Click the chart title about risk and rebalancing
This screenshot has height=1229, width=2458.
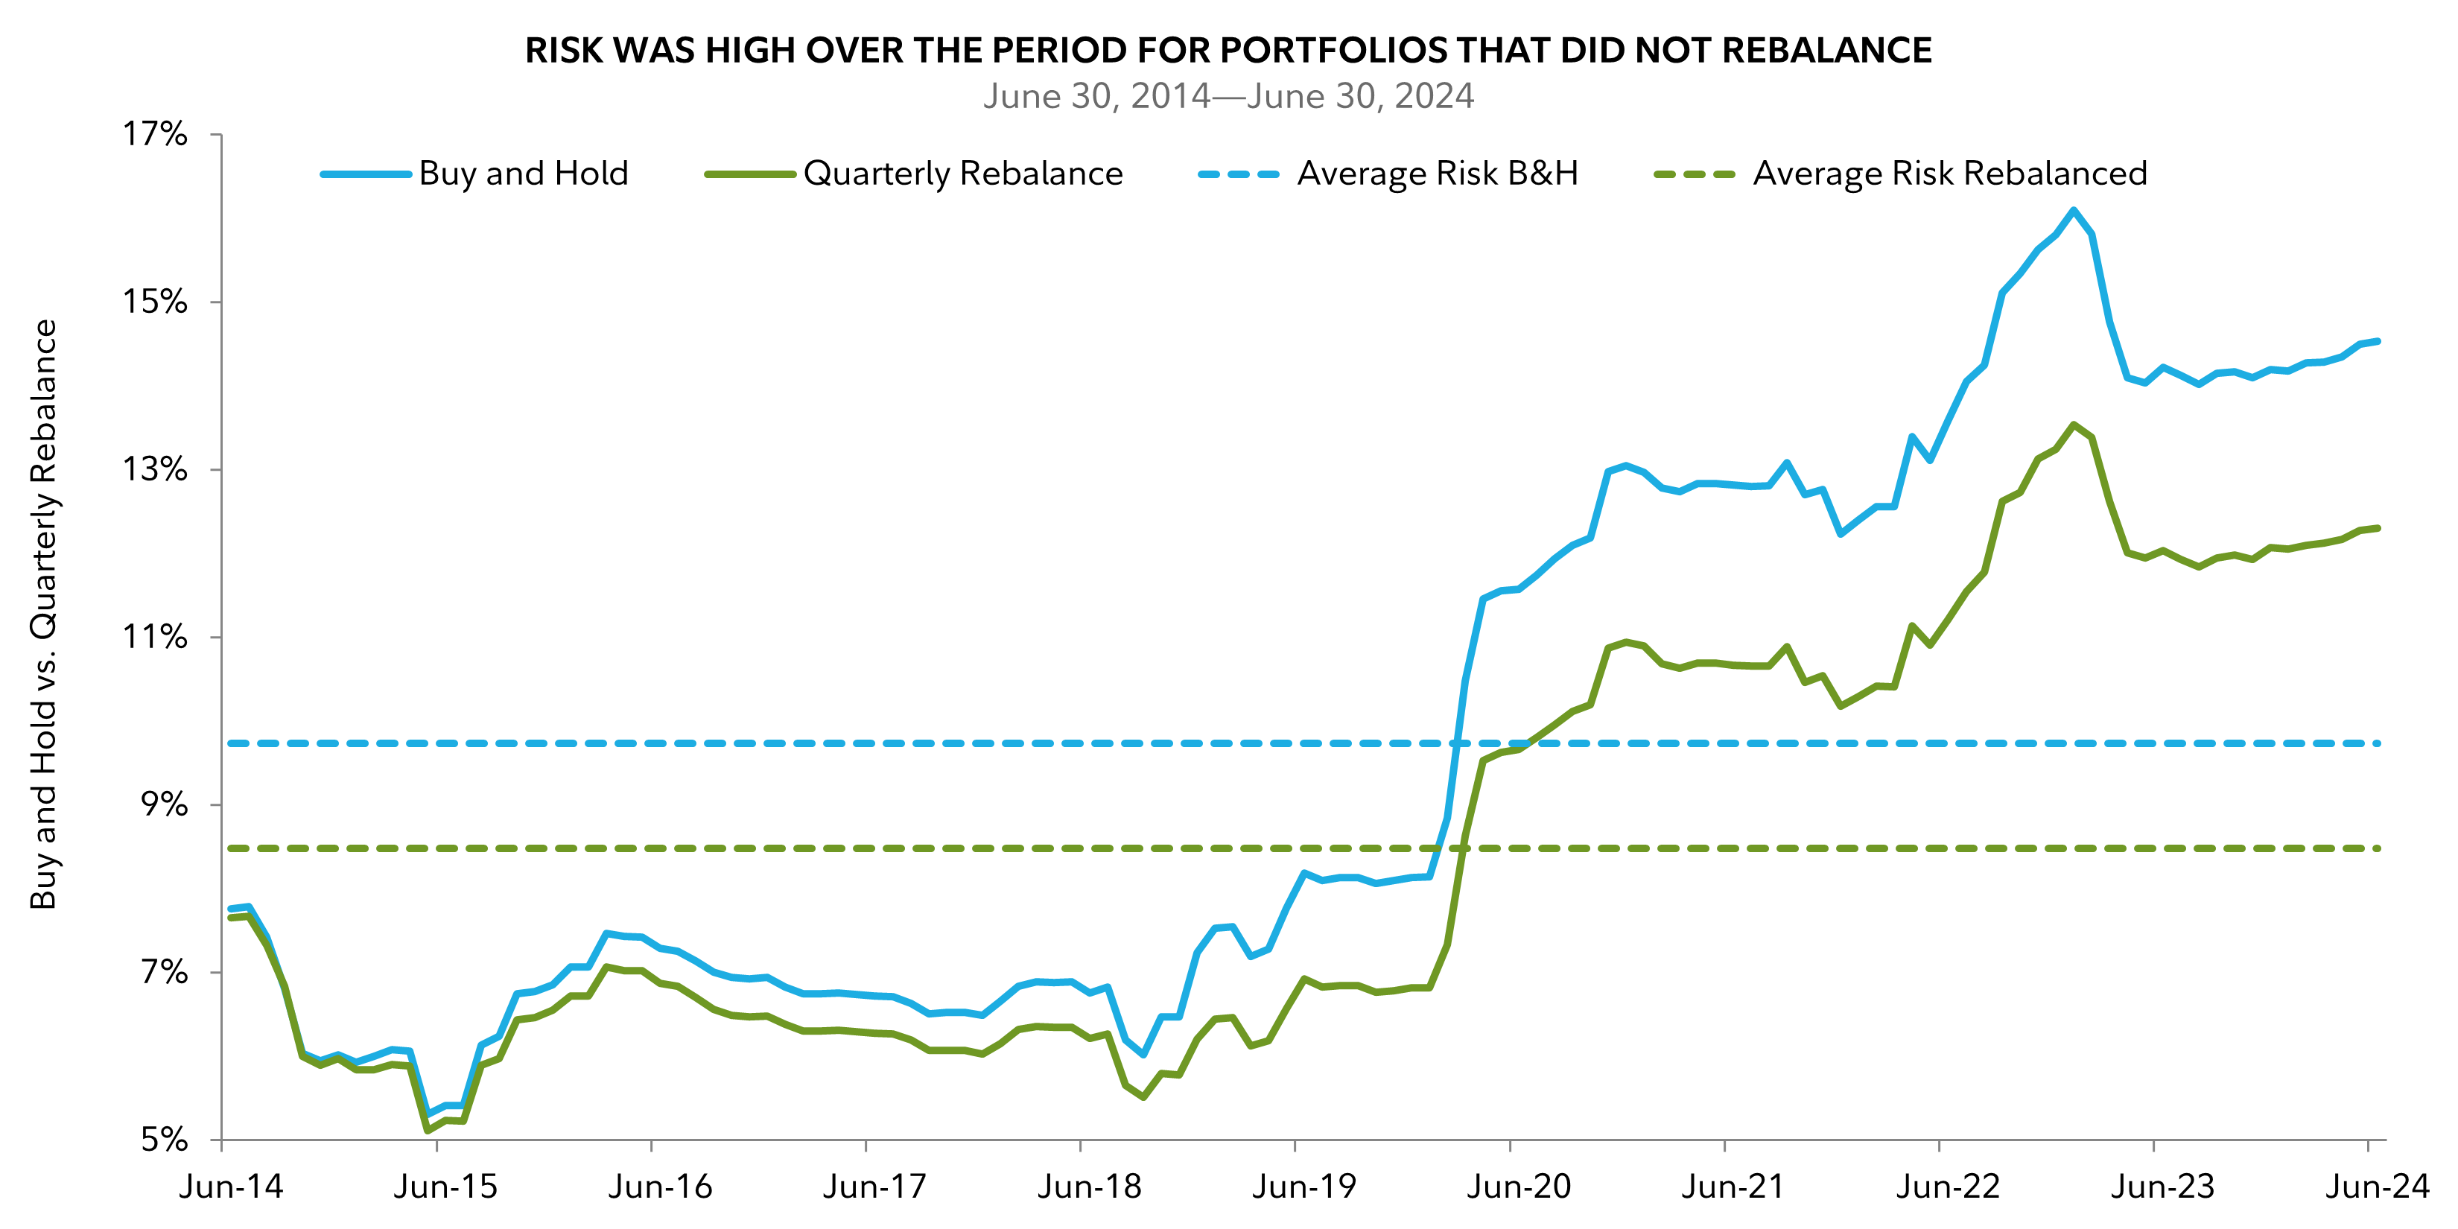[x=1228, y=50]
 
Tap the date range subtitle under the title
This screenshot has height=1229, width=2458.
[x=1228, y=96]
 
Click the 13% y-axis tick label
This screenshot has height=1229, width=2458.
[x=155, y=469]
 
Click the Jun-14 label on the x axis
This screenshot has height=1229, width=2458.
[x=232, y=1187]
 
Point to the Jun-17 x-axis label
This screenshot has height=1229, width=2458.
[x=875, y=1187]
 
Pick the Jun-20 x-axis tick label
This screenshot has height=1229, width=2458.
[x=1519, y=1187]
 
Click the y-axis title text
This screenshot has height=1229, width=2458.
[x=44, y=614]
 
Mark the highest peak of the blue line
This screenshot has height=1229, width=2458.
[x=2074, y=210]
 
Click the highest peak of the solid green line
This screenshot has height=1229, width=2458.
[x=2074, y=425]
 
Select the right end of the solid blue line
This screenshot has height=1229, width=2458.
[x=2378, y=340]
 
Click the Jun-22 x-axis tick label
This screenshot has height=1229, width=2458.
[x=1949, y=1187]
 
